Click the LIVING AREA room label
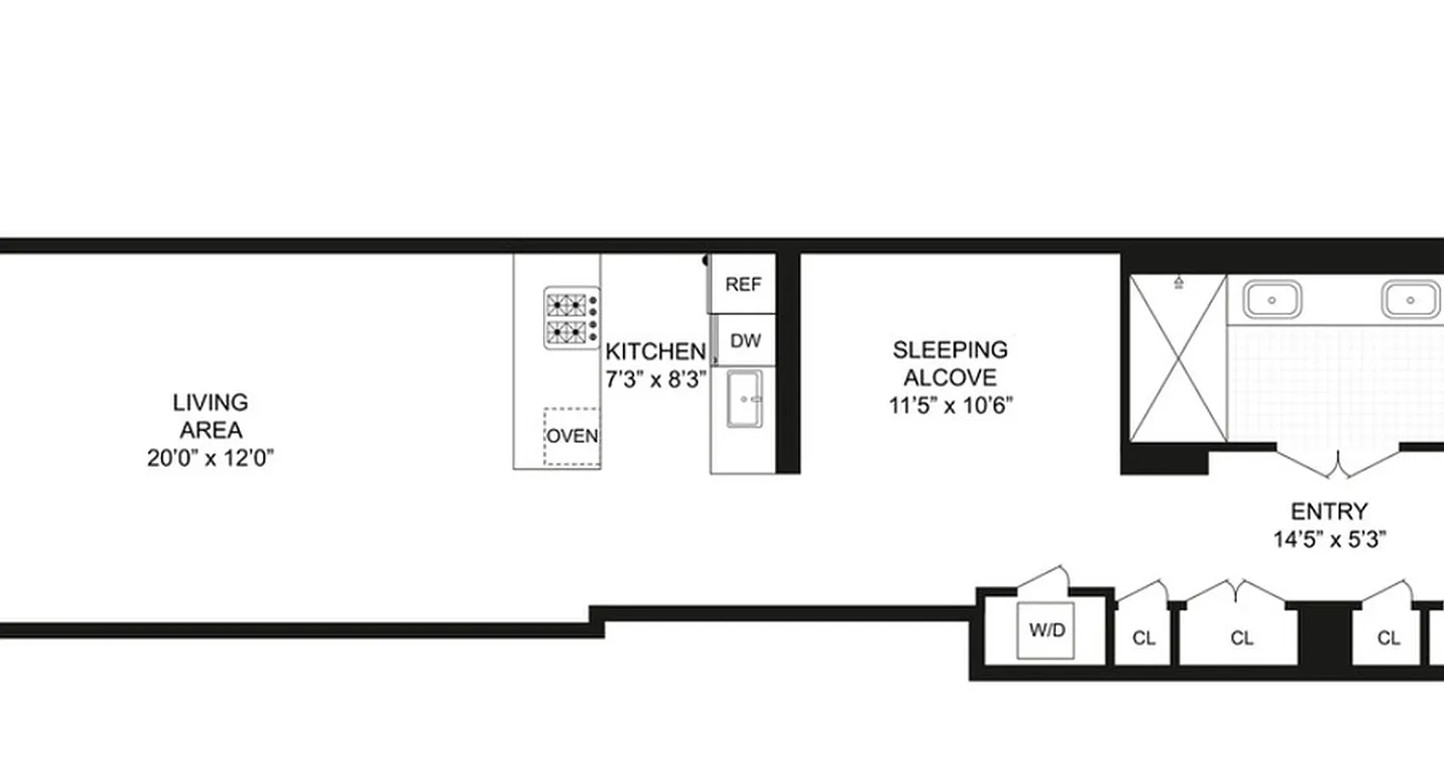[x=210, y=416]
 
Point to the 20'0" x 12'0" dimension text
[x=210, y=459]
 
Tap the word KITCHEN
[x=655, y=351]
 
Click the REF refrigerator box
[x=742, y=285]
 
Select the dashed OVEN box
[x=572, y=436]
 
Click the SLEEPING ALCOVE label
[x=949, y=363]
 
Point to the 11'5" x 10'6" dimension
[x=950, y=405]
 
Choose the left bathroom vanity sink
[x=1273, y=299]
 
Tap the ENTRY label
[x=1328, y=511]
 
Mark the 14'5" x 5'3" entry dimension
[x=1328, y=540]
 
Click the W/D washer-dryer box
[x=1046, y=631]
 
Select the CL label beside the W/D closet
[x=1144, y=638]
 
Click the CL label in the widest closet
[x=1242, y=638]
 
